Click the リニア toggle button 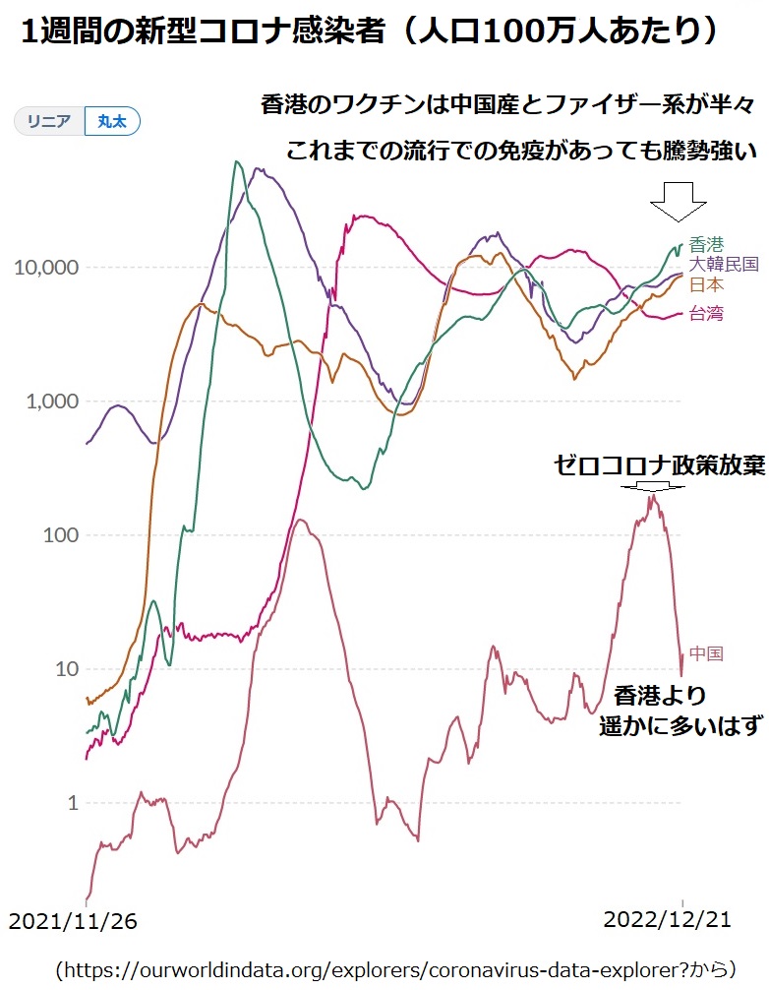point(49,121)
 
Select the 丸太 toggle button point(112,121)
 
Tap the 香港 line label point(706,244)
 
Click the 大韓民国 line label point(723,264)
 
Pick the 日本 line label point(706,284)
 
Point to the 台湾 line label point(706,314)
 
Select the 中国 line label point(706,653)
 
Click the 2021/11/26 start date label point(73,921)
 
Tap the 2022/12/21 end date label point(667,919)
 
